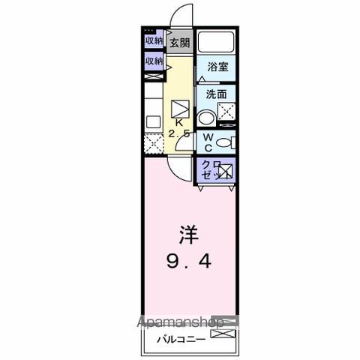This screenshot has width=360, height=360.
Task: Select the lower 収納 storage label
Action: pos(154,61)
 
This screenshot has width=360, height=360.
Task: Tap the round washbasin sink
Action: pos(205,117)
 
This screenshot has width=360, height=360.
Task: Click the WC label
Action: pos(208,142)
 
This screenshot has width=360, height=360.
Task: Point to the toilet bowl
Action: pos(228,142)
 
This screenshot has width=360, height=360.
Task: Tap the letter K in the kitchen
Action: pos(178,121)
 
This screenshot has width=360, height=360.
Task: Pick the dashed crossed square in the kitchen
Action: pos(152,142)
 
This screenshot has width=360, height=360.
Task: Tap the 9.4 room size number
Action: pos(187,262)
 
